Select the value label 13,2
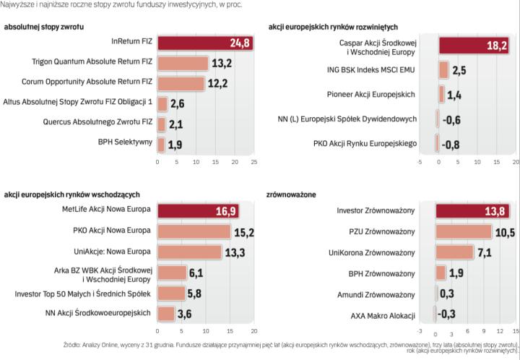[221, 64]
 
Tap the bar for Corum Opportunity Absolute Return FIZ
[181, 83]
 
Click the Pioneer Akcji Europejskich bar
[441, 95]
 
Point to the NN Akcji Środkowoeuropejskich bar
[166, 313]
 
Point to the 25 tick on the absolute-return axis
[253, 161]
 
